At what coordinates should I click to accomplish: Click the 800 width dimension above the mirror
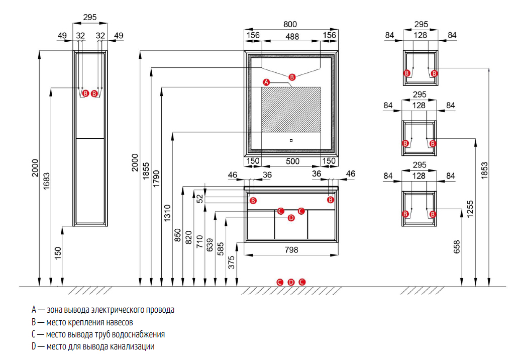point(290,24)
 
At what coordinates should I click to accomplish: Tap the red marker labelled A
point(266,82)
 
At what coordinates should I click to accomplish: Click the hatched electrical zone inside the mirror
point(291,109)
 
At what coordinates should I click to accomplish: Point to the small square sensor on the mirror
point(291,141)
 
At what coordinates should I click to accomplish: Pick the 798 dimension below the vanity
point(291,249)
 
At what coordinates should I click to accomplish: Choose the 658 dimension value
point(457,246)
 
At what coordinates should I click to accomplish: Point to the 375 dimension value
point(232,262)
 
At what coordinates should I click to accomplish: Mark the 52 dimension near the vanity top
point(200,198)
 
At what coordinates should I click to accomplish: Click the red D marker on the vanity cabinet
point(291,218)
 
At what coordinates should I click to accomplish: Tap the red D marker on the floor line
point(291,282)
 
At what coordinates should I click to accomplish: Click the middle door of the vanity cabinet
point(291,225)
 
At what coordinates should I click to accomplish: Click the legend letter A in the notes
point(33,310)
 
